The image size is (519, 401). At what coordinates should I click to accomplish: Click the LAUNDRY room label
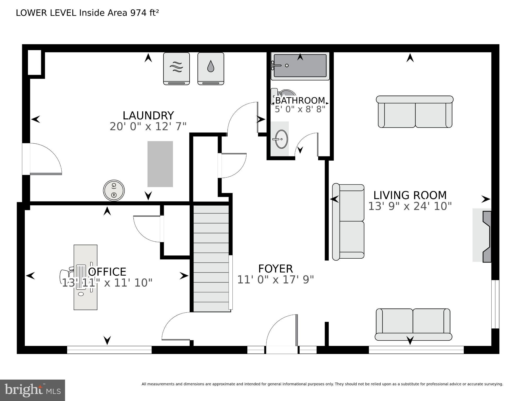(148, 115)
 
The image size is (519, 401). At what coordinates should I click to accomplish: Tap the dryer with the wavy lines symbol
(176, 68)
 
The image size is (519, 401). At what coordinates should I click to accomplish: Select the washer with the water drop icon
(211, 68)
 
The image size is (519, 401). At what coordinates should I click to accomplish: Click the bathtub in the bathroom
(300, 66)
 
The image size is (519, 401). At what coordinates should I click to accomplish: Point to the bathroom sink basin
(281, 139)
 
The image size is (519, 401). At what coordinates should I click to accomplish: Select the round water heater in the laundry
(114, 190)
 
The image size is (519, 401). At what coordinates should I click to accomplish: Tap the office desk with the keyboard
(85, 277)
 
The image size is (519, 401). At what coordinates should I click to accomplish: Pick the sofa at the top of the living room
(415, 112)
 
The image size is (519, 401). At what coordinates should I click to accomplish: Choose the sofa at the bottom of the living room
(413, 324)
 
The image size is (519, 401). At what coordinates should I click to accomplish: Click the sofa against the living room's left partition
(348, 222)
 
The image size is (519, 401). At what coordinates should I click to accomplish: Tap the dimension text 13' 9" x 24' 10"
(410, 206)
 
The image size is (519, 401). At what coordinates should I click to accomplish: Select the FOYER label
(275, 269)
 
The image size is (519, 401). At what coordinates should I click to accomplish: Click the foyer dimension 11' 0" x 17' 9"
(275, 280)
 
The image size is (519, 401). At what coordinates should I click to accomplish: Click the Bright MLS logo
(32, 390)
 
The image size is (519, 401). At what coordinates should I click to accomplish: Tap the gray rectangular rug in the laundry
(160, 164)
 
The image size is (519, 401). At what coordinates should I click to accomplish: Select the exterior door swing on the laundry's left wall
(44, 159)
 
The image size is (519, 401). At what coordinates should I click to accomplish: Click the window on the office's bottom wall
(109, 350)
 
